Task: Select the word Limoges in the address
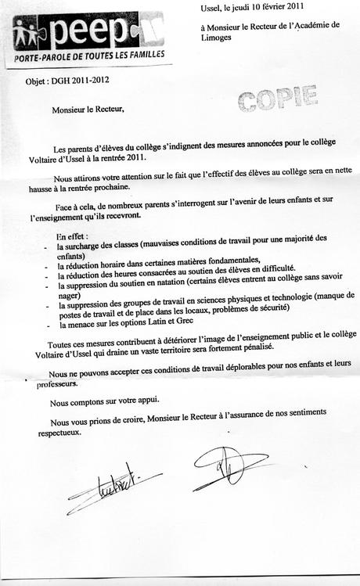pos(218,38)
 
